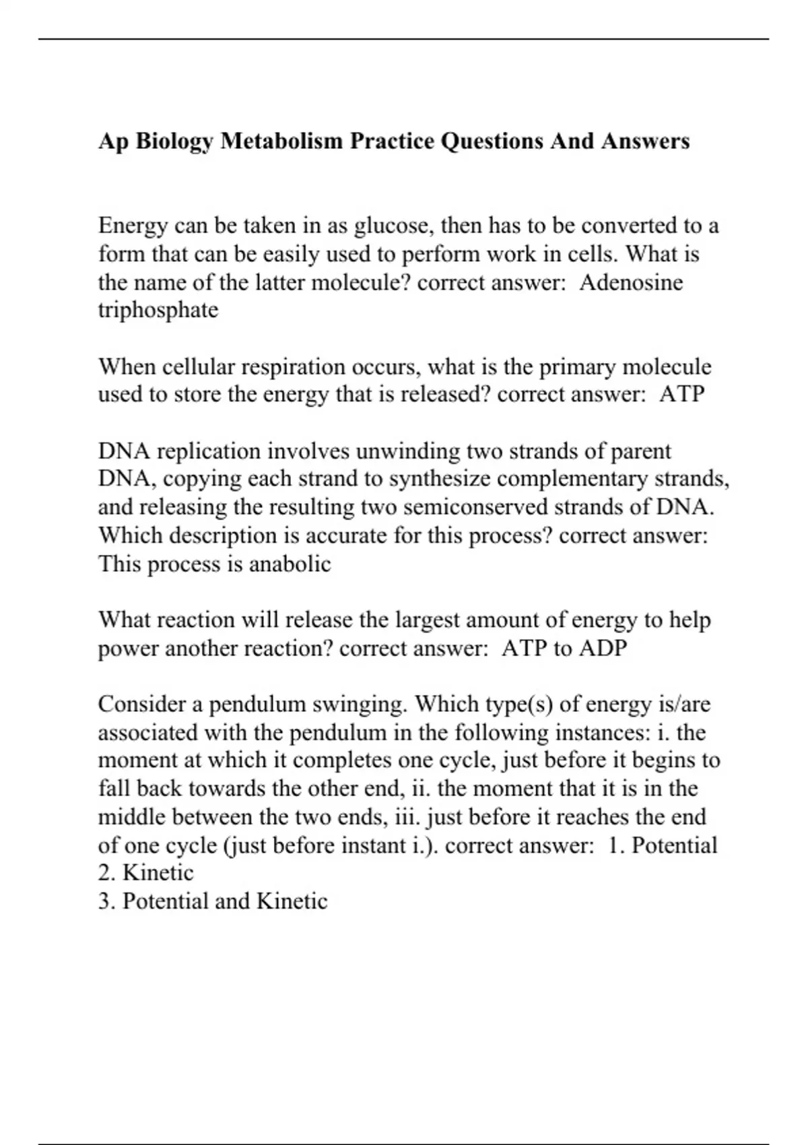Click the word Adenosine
pos(630,282)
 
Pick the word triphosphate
pos(158,310)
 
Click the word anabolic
pos(290,564)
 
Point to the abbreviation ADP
pos(603,649)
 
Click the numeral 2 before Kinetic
pos(106,874)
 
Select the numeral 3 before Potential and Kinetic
pos(106,902)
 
